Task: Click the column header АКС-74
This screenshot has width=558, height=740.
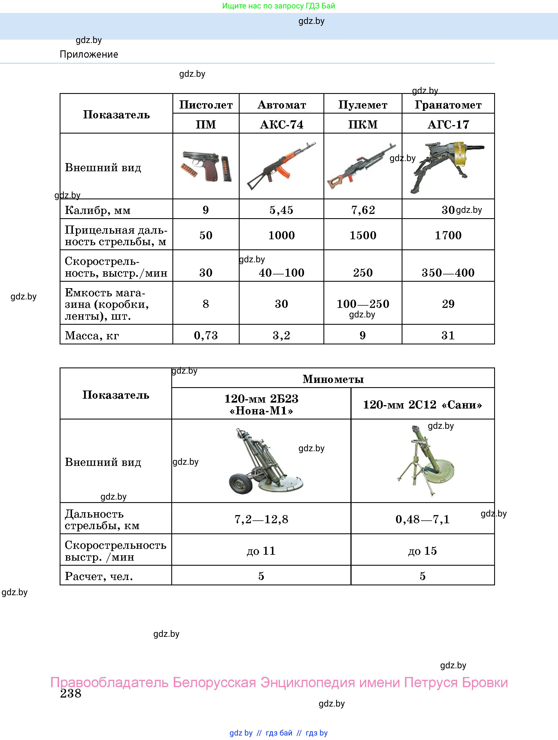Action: (282, 125)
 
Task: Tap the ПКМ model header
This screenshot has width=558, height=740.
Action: (363, 125)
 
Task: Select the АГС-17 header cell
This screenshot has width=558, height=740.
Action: (448, 125)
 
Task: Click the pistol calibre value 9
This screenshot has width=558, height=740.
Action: (206, 210)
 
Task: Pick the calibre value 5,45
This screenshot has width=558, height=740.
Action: (281, 210)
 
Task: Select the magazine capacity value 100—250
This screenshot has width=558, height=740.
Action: (363, 304)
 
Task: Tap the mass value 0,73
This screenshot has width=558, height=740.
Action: (206, 335)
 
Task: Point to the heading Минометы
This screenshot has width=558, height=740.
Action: (333, 379)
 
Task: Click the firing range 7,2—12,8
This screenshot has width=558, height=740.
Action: (261, 519)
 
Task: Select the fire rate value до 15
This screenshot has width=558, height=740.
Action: (422, 551)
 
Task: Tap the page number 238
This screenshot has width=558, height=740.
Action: (71, 694)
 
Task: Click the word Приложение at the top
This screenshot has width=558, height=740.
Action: (89, 54)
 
